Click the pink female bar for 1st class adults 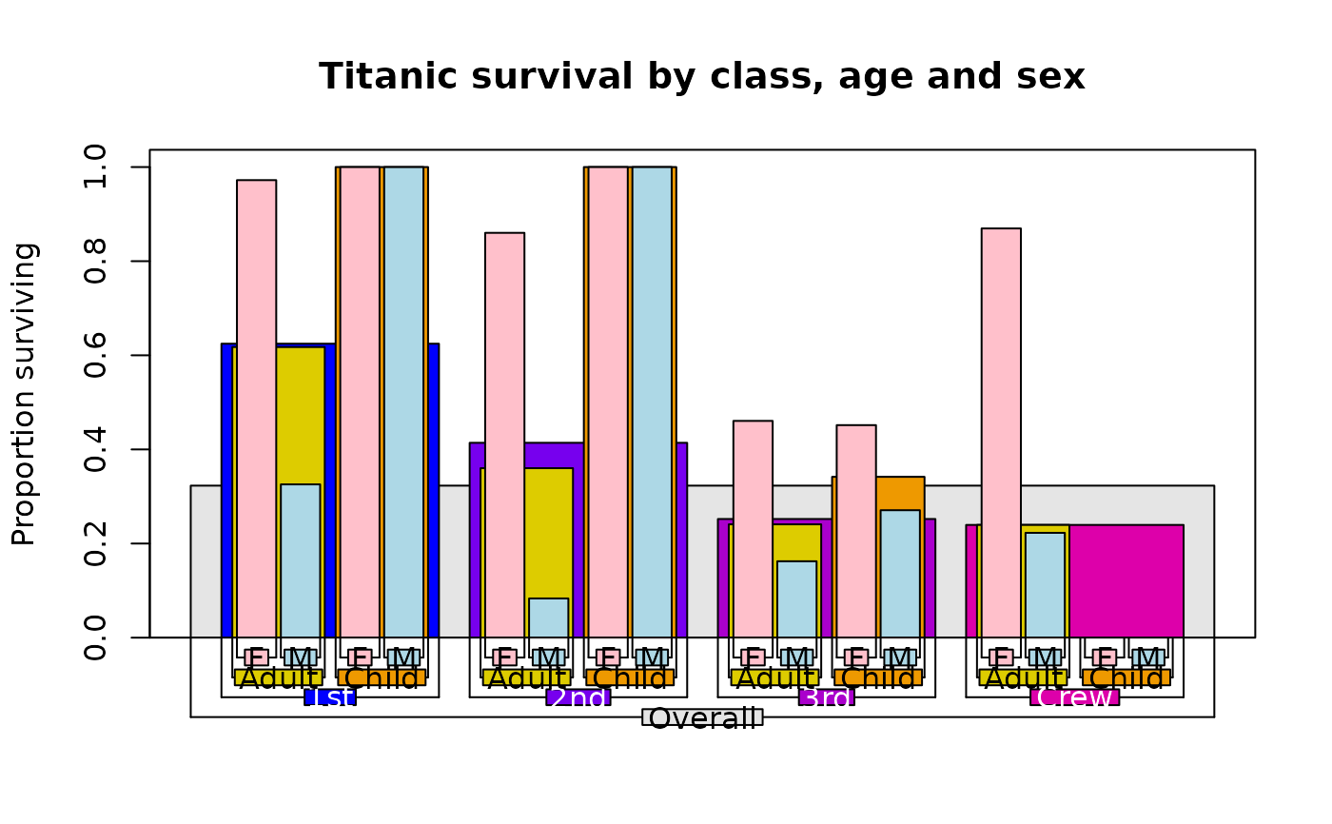(x=256, y=408)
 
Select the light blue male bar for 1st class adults (x=301, y=560)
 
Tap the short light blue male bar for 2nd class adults (x=549, y=618)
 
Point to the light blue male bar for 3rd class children (x=900, y=574)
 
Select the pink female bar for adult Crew (x=1001, y=433)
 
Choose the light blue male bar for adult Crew (x=1045, y=584)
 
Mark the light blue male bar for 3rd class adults (x=796, y=598)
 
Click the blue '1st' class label (x=330, y=697)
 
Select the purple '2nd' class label (x=578, y=697)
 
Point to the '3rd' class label (x=827, y=697)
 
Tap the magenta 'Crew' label (x=1075, y=697)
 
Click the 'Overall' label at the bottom (x=702, y=716)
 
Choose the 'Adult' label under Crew (x=1023, y=677)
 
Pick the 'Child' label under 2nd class (x=630, y=677)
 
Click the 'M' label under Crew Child (x=1148, y=657)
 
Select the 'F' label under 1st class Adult (x=256, y=657)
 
